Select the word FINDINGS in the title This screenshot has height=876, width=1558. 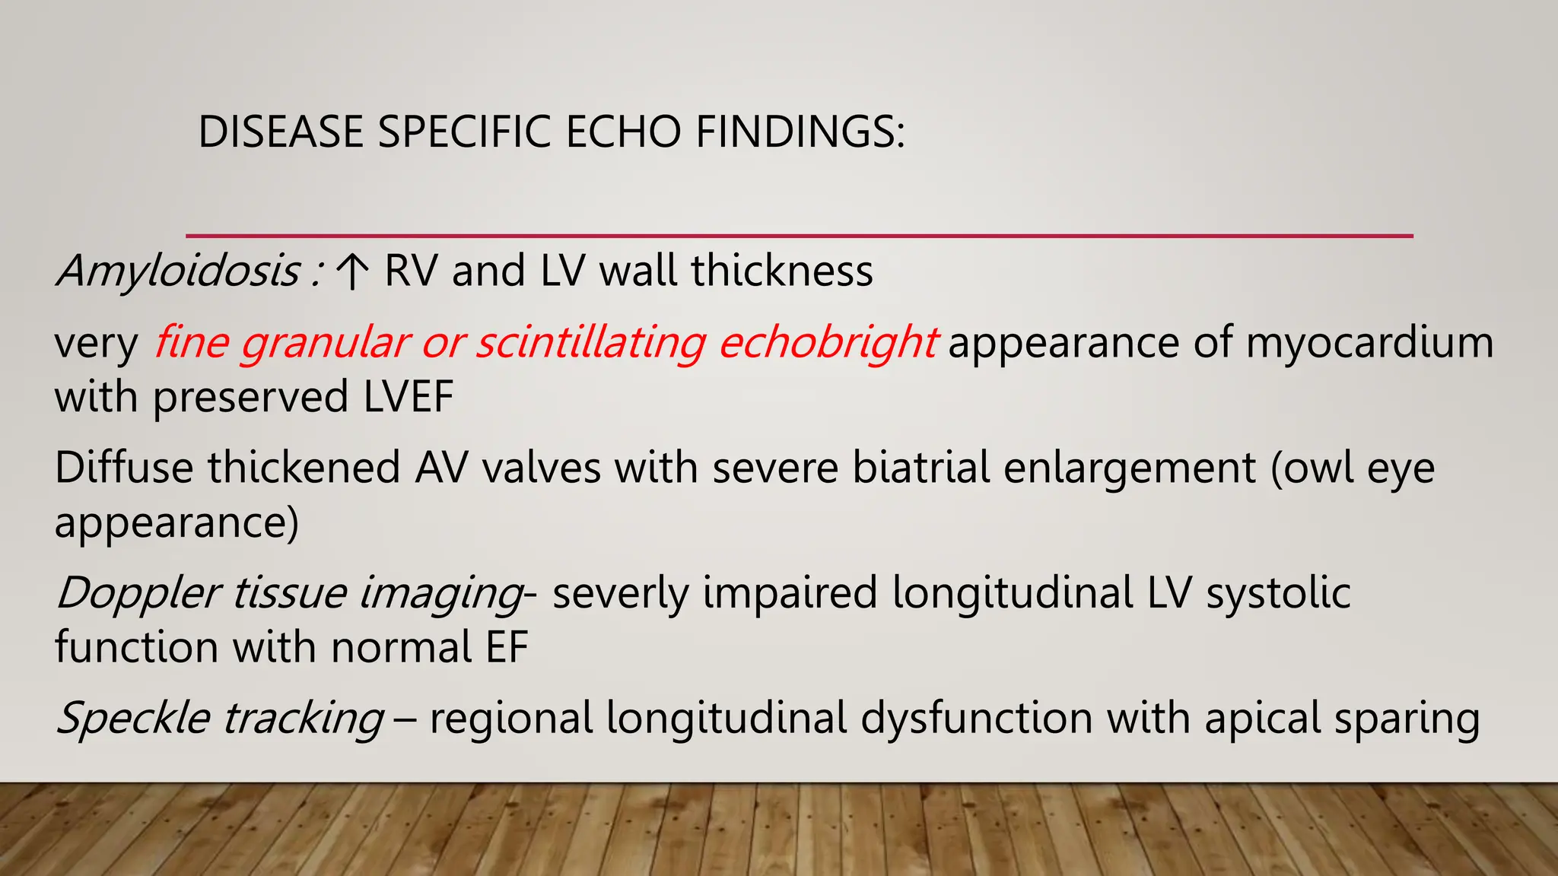click(x=800, y=132)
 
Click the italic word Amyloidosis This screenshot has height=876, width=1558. click(x=179, y=271)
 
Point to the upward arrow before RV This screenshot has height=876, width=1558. click(x=351, y=271)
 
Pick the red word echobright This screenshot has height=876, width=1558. click(x=827, y=343)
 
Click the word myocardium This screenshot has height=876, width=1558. click(x=1369, y=343)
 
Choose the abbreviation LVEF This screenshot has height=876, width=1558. click(x=409, y=397)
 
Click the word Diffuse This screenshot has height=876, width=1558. click(x=124, y=467)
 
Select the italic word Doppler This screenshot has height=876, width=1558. click(x=138, y=592)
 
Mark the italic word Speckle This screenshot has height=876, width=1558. click(x=134, y=718)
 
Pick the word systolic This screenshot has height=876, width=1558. click(x=1278, y=592)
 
